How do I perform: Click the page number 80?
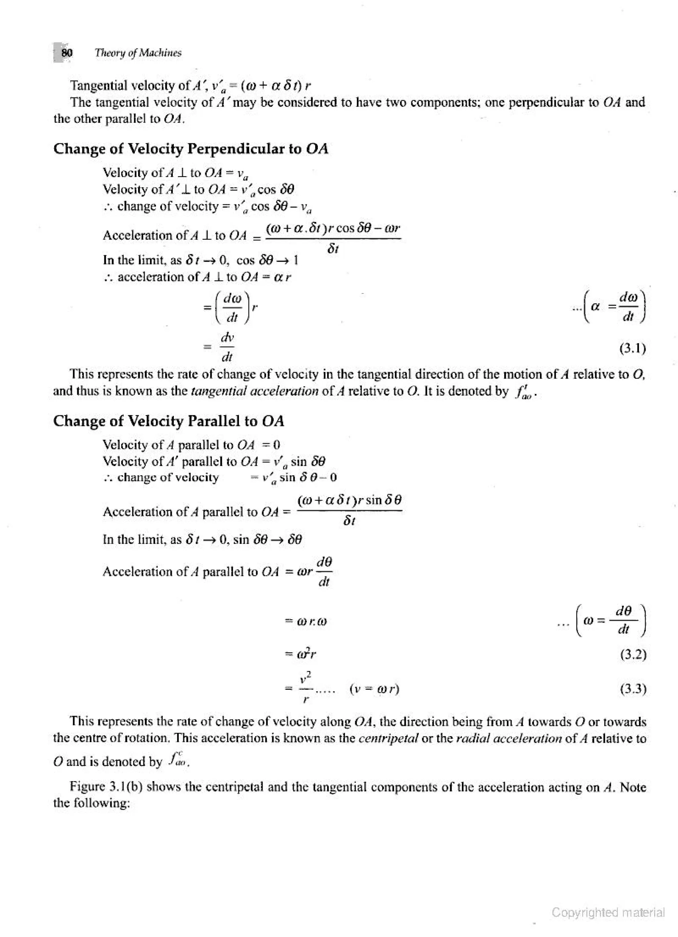(67, 53)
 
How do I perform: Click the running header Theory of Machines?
(138, 53)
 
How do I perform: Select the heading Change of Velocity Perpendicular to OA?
(190, 149)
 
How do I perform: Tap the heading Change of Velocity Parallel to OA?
(169, 421)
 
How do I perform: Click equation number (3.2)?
(633, 654)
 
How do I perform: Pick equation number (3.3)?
(633, 688)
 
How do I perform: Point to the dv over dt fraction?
(227, 347)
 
